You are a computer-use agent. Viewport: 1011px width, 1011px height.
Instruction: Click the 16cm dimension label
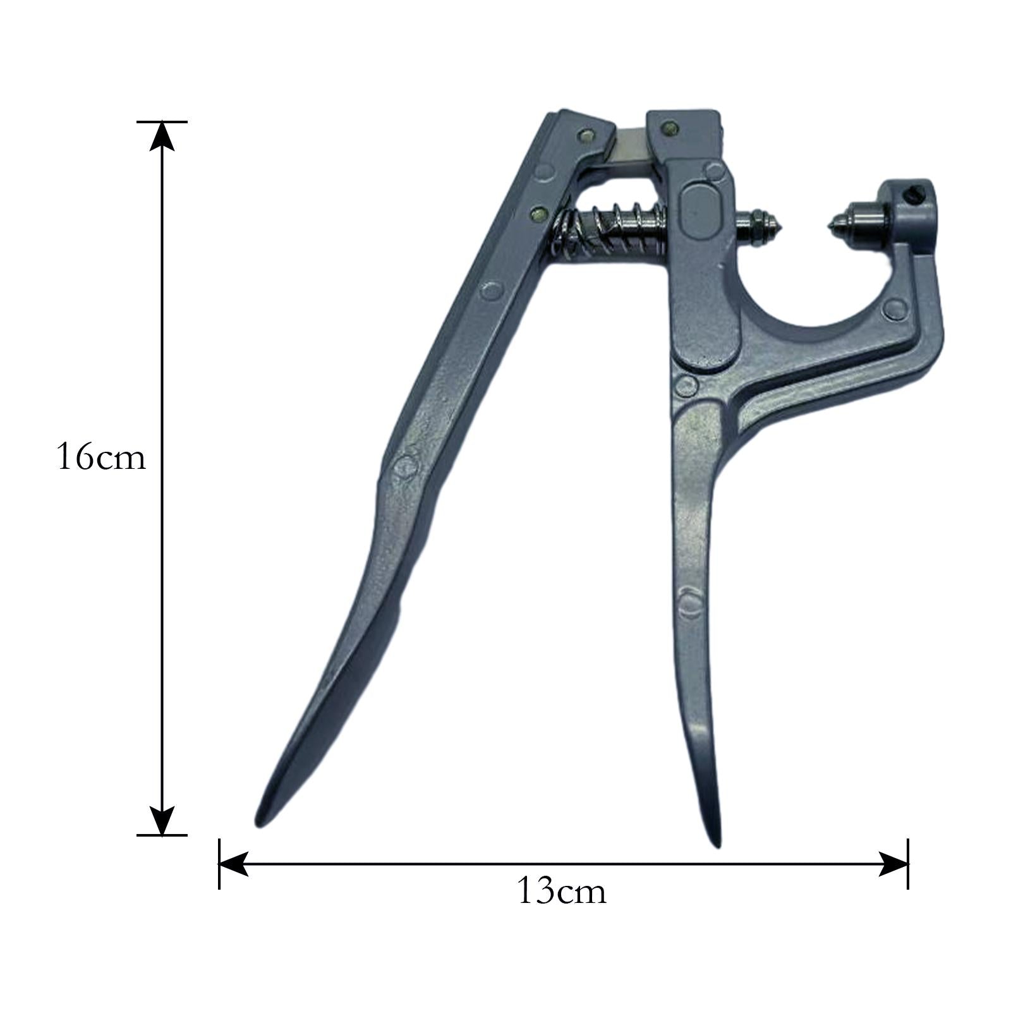[x=101, y=457]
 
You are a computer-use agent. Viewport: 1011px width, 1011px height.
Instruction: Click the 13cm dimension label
[x=561, y=892]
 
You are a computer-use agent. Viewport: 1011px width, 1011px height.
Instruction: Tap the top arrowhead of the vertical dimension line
[x=162, y=135]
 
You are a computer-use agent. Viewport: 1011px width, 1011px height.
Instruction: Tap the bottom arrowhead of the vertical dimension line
[x=162, y=821]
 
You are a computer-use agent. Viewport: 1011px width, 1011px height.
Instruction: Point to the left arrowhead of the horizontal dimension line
[x=233, y=864]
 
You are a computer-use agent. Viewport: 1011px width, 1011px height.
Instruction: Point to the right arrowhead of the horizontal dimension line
[x=893, y=864]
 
